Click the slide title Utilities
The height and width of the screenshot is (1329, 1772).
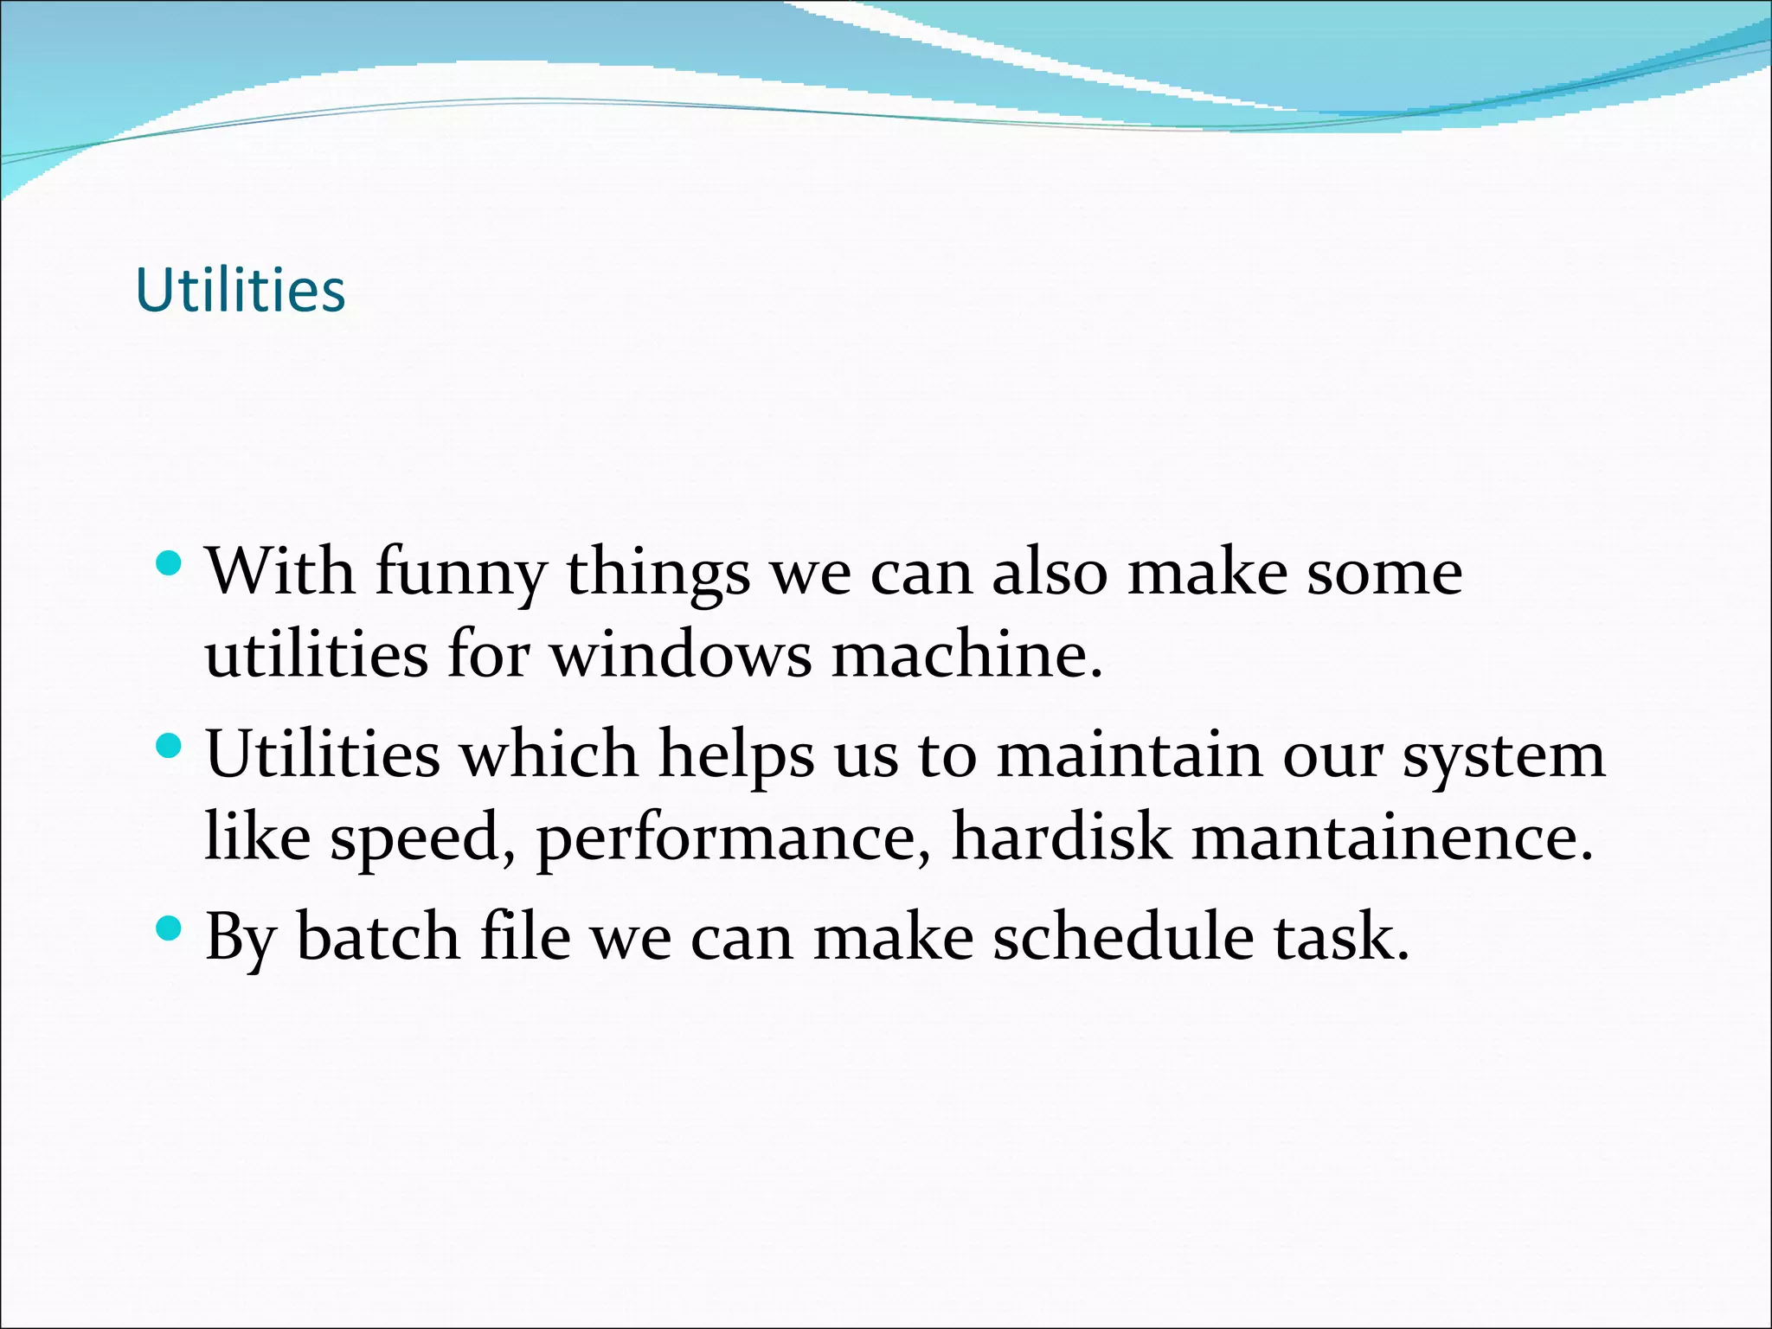(241, 290)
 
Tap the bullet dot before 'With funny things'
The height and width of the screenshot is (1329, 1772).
(170, 565)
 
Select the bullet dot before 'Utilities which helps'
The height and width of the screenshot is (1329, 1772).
(170, 746)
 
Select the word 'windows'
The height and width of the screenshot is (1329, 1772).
(682, 655)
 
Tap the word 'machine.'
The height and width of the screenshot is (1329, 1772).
(967, 655)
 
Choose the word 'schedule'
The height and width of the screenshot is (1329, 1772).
(1122, 937)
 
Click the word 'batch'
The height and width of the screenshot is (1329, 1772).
(378, 937)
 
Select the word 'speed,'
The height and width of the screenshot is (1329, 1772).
(423, 839)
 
